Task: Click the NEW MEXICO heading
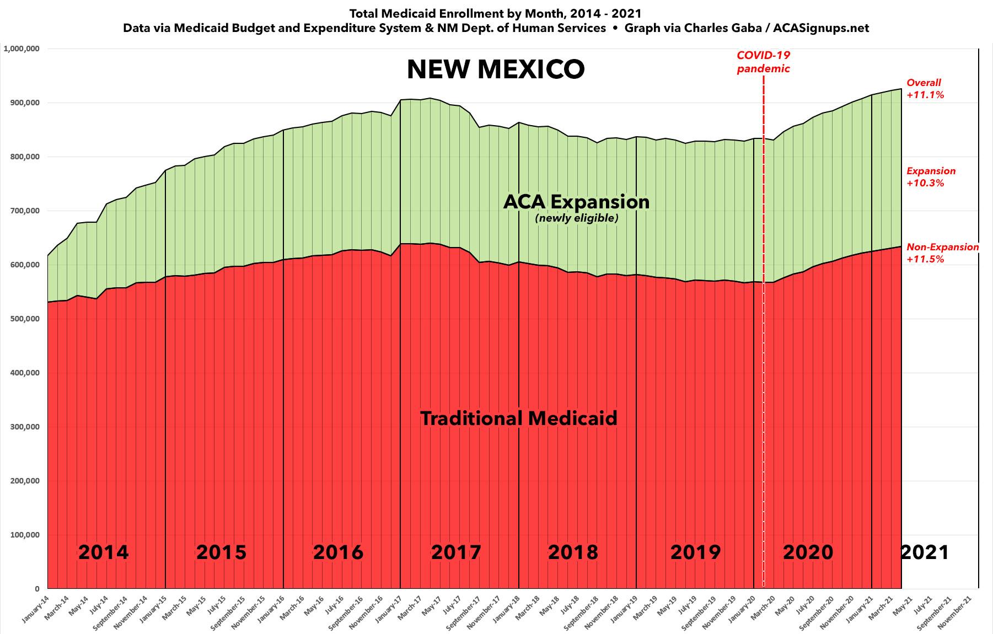tap(496, 70)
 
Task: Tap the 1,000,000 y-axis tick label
tap(21, 49)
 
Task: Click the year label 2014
tap(103, 552)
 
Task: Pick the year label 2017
tap(456, 552)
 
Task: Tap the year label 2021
tap(925, 552)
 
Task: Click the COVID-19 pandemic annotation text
tap(763, 62)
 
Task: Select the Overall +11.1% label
tap(925, 89)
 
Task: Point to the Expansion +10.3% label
tap(931, 177)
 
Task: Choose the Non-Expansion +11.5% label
tap(942, 253)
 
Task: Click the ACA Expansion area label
tap(576, 202)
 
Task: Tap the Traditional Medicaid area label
tap(519, 418)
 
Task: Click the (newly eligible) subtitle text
tap(577, 218)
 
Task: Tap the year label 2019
tap(695, 552)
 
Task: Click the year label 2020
tap(808, 552)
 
